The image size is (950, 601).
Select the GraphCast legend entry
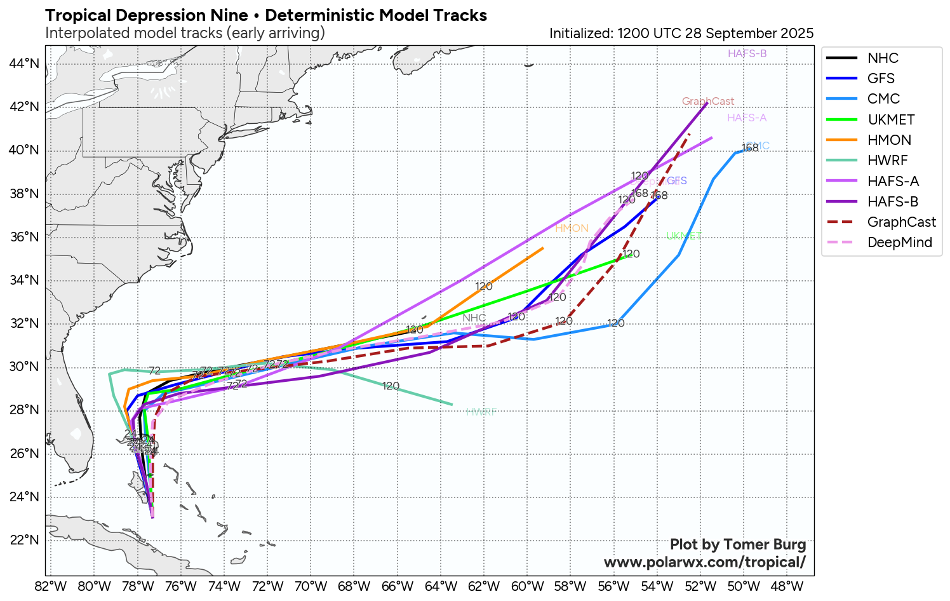[x=901, y=222]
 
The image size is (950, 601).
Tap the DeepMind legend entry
[x=899, y=242]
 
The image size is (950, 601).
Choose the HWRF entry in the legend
[x=887, y=160]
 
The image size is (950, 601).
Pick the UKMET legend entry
[x=891, y=119]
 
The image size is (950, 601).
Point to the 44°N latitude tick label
[x=24, y=63]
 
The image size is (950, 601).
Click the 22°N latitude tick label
[x=24, y=540]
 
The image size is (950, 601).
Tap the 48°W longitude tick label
[x=787, y=586]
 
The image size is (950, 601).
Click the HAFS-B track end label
[x=747, y=53]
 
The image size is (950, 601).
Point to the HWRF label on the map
[x=481, y=412]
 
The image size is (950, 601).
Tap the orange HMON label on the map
[x=572, y=228]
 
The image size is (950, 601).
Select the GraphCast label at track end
[x=707, y=101]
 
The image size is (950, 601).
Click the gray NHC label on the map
[x=474, y=318]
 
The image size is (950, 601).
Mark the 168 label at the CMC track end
[x=749, y=148]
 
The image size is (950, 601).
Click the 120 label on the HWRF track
[x=391, y=386]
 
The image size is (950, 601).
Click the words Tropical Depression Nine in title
[x=147, y=15]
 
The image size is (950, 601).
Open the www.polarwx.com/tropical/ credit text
[x=704, y=562]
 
